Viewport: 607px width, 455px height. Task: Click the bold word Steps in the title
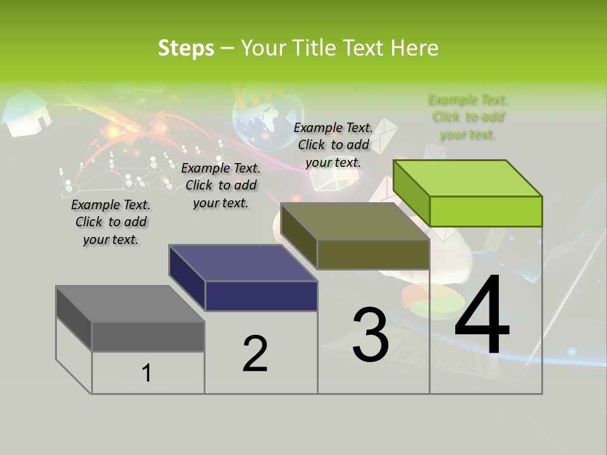(x=186, y=48)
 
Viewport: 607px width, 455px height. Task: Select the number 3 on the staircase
(x=370, y=335)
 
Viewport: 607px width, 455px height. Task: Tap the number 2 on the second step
(x=255, y=354)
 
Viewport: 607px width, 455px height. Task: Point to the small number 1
(x=147, y=373)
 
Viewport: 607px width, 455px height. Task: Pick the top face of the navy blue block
(x=243, y=262)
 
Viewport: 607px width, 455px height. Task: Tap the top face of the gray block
(x=130, y=303)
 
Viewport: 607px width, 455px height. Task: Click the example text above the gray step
(x=110, y=222)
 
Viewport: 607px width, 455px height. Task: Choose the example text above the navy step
(x=221, y=185)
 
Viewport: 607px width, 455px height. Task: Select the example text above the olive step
(x=333, y=145)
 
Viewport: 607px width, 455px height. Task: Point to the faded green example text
(x=468, y=117)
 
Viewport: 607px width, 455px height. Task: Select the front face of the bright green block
(x=486, y=211)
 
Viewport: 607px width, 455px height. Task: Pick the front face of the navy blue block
(x=261, y=296)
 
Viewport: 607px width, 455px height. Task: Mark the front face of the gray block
(x=148, y=336)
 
